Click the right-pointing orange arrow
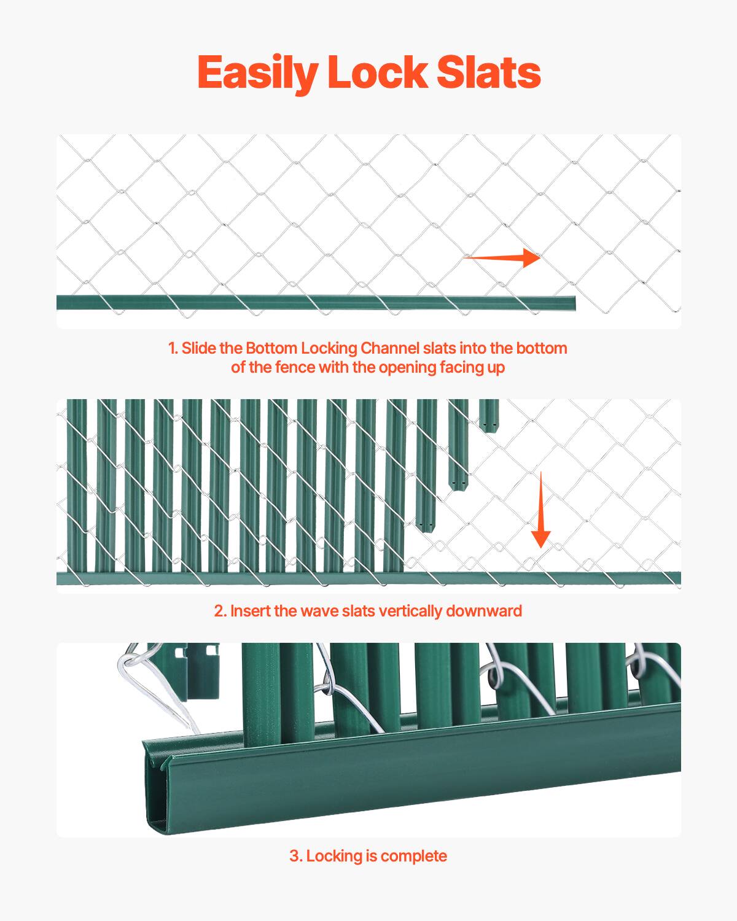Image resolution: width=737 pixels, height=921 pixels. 501,258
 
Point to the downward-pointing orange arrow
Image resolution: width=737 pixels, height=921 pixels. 540,510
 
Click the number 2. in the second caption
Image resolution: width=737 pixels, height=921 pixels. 220,611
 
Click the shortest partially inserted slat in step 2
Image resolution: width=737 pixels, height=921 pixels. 489,416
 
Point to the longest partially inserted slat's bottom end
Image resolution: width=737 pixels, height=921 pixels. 426,525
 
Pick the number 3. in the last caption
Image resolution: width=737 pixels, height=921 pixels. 296,856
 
